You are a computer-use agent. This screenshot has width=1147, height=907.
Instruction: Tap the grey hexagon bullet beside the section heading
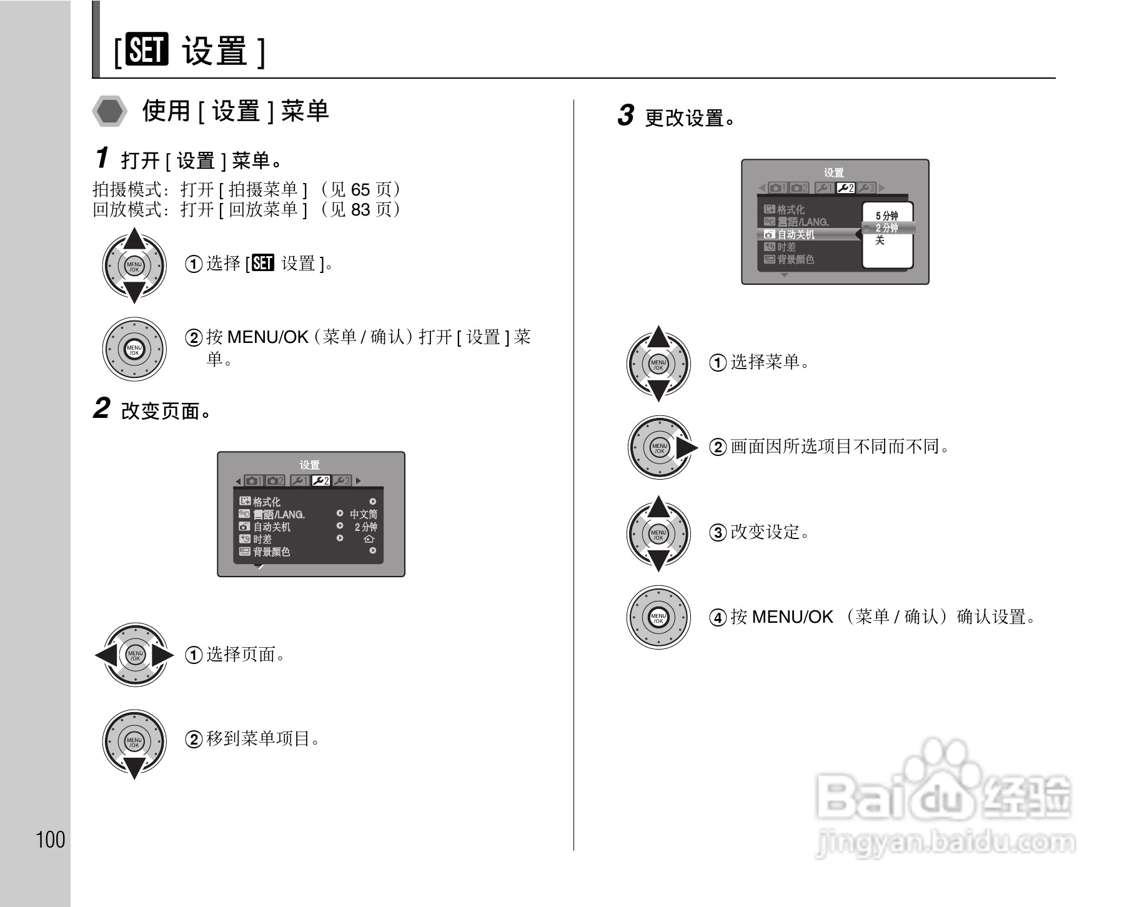point(110,112)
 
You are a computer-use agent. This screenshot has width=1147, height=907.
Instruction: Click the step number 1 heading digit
point(102,158)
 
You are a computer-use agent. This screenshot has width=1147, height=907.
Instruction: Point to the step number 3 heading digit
point(625,116)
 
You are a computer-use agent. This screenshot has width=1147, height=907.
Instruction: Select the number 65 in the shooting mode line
point(360,190)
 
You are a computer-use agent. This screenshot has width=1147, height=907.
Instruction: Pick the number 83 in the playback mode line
point(360,210)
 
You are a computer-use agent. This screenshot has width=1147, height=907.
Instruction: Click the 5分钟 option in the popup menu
point(886,216)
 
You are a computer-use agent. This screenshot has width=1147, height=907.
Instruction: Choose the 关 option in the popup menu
point(880,240)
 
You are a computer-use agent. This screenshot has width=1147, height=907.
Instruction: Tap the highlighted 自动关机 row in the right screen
point(797,234)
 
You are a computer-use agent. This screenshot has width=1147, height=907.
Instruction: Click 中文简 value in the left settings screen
point(363,514)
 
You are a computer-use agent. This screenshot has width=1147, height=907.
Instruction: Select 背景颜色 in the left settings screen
point(272,552)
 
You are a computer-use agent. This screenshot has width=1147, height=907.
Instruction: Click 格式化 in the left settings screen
point(267,502)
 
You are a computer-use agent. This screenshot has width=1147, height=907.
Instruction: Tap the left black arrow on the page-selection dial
point(105,655)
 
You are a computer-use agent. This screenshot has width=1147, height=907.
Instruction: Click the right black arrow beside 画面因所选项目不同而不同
point(687,448)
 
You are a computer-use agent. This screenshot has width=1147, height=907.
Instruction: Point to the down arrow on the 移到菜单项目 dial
point(134,768)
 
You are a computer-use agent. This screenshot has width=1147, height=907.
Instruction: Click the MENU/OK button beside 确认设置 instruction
point(658,618)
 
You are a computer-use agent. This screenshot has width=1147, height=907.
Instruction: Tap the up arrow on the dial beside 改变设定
point(658,507)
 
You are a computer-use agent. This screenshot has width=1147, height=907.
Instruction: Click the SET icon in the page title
point(147,51)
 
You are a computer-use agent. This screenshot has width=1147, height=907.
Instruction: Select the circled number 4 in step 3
point(718,618)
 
